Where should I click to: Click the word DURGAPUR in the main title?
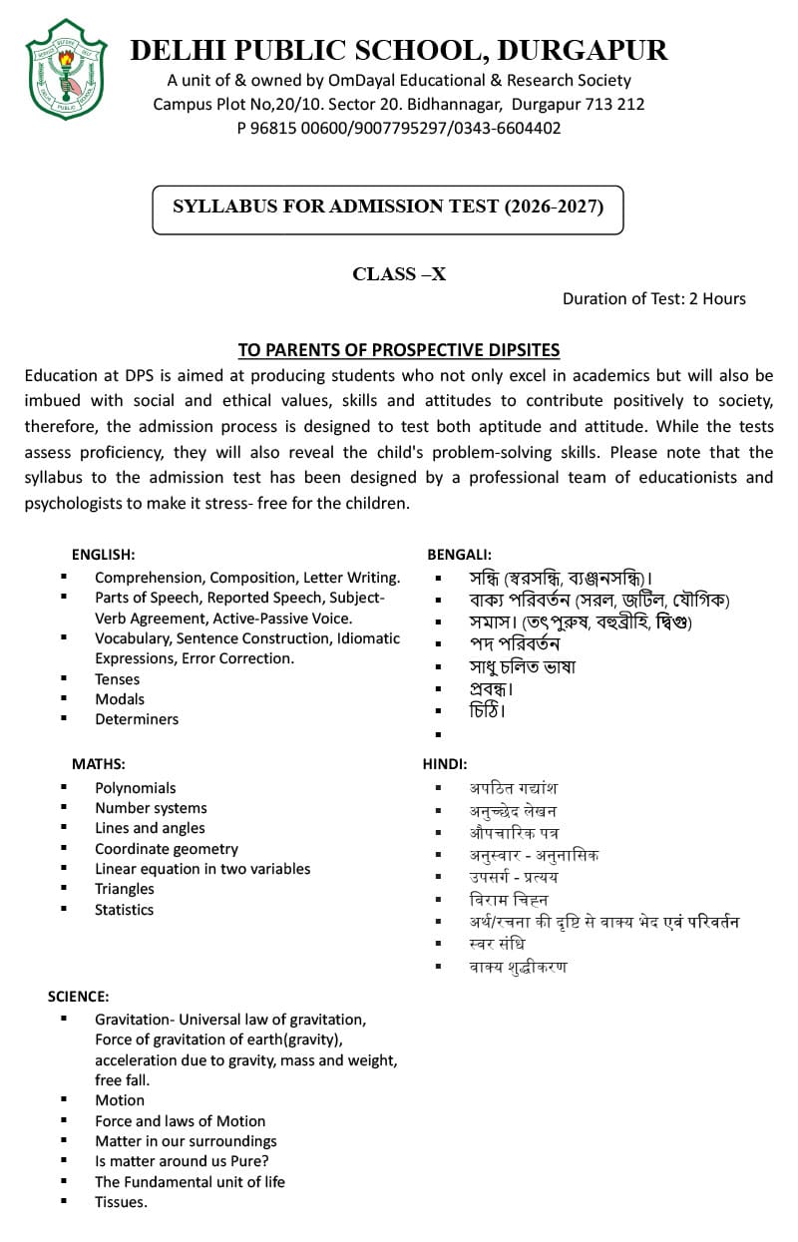(583, 50)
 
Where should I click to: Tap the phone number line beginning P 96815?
(399, 128)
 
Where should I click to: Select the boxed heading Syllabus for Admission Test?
(388, 207)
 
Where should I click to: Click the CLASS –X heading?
(399, 274)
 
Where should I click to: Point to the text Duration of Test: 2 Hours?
(653, 298)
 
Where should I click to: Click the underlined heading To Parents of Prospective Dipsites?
(398, 350)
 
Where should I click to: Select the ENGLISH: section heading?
(103, 554)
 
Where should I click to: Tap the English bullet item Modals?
(120, 698)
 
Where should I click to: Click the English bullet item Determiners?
(137, 719)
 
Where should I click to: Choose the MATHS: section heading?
(98, 763)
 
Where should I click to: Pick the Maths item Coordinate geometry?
(167, 849)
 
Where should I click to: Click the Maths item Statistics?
(125, 910)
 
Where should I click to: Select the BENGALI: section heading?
(459, 554)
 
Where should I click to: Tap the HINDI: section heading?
(445, 763)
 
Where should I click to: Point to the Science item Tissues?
(121, 1202)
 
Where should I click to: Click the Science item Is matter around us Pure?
(182, 1161)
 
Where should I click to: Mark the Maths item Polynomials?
(136, 788)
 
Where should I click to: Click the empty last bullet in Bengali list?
(439, 734)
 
